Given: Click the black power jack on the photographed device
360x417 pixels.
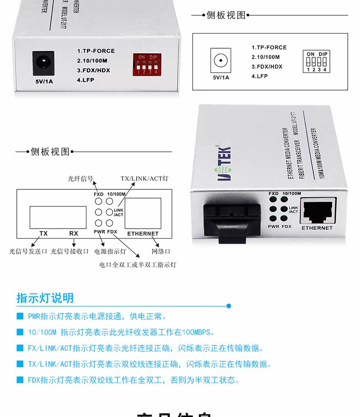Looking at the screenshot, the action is tap(43, 63).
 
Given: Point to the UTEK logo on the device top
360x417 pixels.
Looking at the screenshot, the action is tap(224, 163).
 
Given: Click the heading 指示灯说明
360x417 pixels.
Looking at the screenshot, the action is tap(45, 298).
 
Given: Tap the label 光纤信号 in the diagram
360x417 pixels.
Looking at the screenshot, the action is tap(81, 179).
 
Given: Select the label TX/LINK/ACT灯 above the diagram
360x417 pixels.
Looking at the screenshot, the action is tap(144, 178).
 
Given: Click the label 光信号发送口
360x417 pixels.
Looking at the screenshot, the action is tap(28, 251).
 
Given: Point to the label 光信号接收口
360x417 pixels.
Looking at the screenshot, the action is tap(69, 251).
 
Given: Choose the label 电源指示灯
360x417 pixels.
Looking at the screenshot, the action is tap(110, 251).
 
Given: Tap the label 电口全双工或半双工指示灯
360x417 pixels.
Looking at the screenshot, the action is tap(138, 264).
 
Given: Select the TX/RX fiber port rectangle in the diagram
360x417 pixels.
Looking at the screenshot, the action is tap(58, 217).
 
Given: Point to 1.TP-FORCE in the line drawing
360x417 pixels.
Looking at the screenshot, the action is tap(269, 47).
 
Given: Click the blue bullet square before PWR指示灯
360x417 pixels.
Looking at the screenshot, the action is tap(20, 316).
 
